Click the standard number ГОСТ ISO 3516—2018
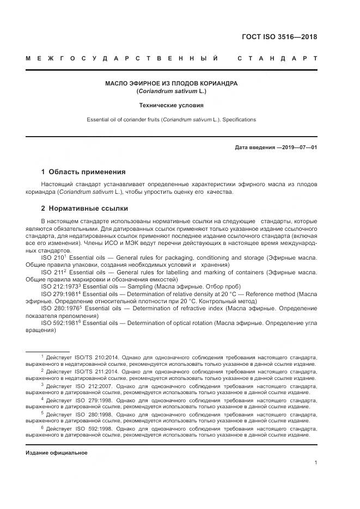click(x=279, y=38)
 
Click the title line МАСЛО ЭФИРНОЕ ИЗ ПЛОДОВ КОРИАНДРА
click(x=172, y=83)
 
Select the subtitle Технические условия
click(x=172, y=106)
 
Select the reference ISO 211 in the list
click(x=53, y=271)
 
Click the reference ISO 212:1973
click(x=60, y=286)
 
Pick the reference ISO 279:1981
click(x=60, y=293)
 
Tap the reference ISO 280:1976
click(x=60, y=308)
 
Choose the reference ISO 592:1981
click(x=60, y=323)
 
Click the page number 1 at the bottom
click(x=315, y=463)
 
